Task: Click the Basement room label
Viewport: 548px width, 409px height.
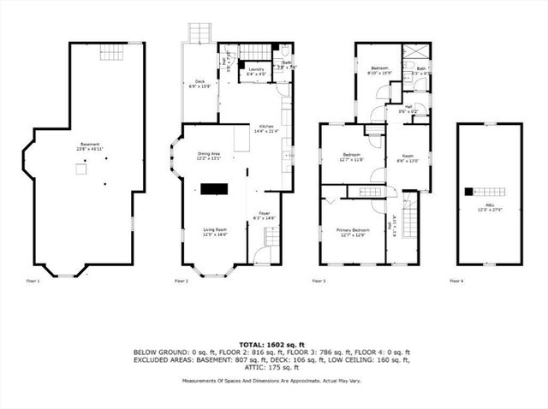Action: pyautogui.click(x=82, y=146)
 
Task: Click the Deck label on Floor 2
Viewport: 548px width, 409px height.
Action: pyautogui.click(x=199, y=83)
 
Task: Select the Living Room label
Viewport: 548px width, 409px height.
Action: pyautogui.click(x=215, y=231)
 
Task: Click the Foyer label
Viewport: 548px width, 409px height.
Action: pyautogui.click(x=265, y=214)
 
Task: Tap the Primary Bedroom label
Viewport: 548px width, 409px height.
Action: pyautogui.click(x=353, y=232)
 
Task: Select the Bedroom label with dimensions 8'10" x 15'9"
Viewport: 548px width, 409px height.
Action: pyautogui.click(x=380, y=70)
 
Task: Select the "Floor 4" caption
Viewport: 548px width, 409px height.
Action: pyautogui.click(x=456, y=281)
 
